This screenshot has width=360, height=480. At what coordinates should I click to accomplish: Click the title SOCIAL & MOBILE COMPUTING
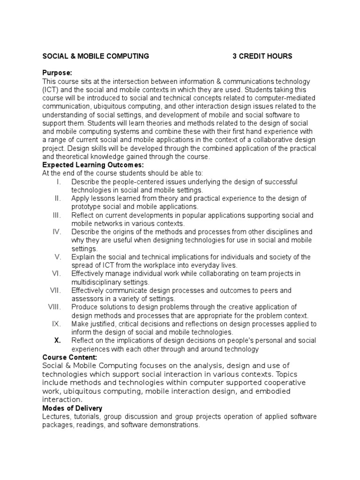(96, 56)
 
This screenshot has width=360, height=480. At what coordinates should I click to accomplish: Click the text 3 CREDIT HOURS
(262, 56)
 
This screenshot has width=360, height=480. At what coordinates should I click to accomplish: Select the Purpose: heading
(57, 73)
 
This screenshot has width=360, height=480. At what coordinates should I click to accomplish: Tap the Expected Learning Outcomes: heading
(93, 165)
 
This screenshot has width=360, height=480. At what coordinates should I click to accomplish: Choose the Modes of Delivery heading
(72, 409)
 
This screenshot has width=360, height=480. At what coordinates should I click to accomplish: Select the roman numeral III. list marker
(57, 215)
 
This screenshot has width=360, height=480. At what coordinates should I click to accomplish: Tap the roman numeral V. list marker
(58, 257)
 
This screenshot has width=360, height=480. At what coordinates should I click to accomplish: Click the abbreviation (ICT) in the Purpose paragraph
(50, 90)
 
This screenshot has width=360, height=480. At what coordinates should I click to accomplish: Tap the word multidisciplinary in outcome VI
(97, 282)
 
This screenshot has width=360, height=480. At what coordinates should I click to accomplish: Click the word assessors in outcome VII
(86, 299)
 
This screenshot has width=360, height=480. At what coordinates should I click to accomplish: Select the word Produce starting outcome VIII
(84, 307)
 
